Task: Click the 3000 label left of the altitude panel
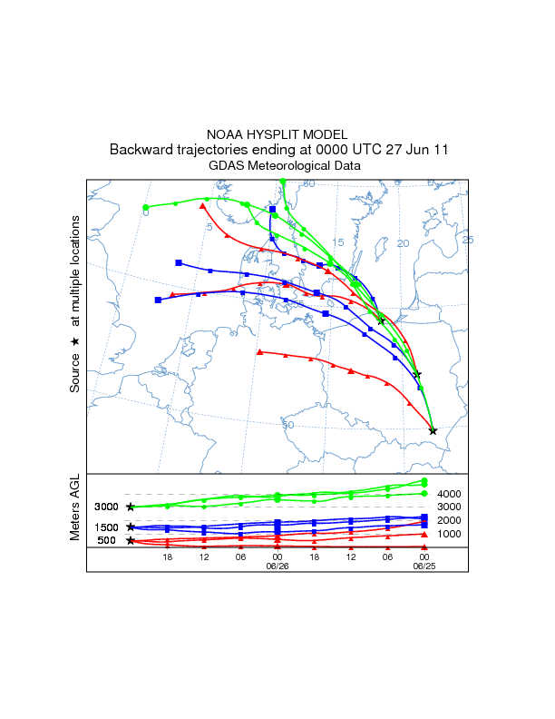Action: (x=107, y=507)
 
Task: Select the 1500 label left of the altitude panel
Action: (x=107, y=527)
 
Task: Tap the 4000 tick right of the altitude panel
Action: (x=451, y=494)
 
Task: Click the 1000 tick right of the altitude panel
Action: (x=451, y=534)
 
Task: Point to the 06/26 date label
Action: (x=277, y=565)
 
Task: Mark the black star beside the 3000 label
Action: (x=131, y=507)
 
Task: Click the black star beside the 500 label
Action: (x=131, y=541)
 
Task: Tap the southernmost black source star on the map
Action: (x=433, y=431)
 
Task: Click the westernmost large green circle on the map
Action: (x=146, y=208)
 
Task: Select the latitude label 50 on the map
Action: (x=288, y=425)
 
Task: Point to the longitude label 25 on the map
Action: (x=468, y=240)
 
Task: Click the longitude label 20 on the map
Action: (x=404, y=243)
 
